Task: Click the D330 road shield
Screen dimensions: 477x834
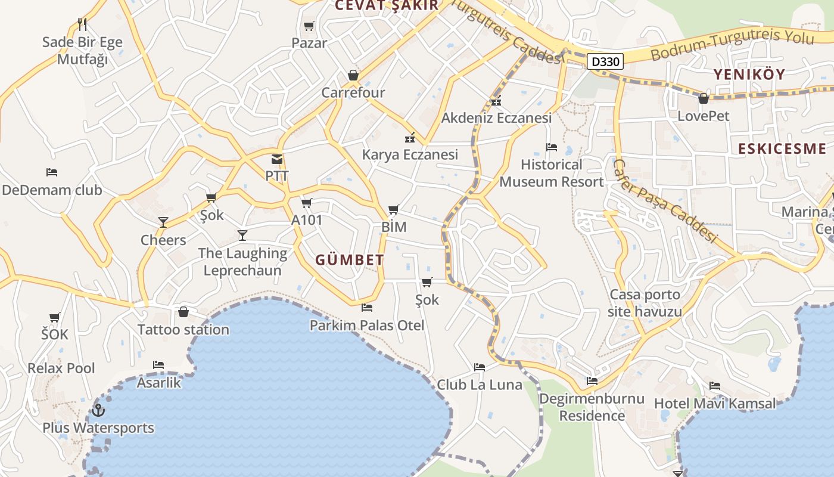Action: [x=605, y=61]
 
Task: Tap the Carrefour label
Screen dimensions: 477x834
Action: [x=353, y=92]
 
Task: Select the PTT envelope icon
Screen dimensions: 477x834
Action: [x=277, y=159]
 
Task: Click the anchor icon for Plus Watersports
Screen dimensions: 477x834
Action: [x=98, y=410]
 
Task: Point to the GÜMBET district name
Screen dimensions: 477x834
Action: [x=350, y=260]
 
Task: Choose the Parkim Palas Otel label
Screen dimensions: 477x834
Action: [x=367, y=325]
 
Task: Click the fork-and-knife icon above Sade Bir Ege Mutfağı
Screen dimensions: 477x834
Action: [x=82, y=24]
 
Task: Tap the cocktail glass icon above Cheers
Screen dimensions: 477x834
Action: [x=163, y=222]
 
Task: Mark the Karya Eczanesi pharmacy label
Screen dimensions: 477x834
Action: [x=410, y=155]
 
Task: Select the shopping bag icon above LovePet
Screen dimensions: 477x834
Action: [x=704, y=98]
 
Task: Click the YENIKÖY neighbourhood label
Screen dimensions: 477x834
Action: [x=749, y=75]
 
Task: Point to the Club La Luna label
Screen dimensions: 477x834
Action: [x=480, y=385]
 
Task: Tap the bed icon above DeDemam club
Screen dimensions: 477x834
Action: [x=52, y=172]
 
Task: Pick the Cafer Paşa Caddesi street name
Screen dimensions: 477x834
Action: [x=664, y=200]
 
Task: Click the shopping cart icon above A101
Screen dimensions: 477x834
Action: [x=307, y=203]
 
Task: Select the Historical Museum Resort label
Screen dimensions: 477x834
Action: [x=552, y=173]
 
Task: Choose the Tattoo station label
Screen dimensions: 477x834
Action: [x=183, y=329]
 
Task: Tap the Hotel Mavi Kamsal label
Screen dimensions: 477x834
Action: [x=715, y=404]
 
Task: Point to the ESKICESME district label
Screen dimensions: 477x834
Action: [x=782, y=149]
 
